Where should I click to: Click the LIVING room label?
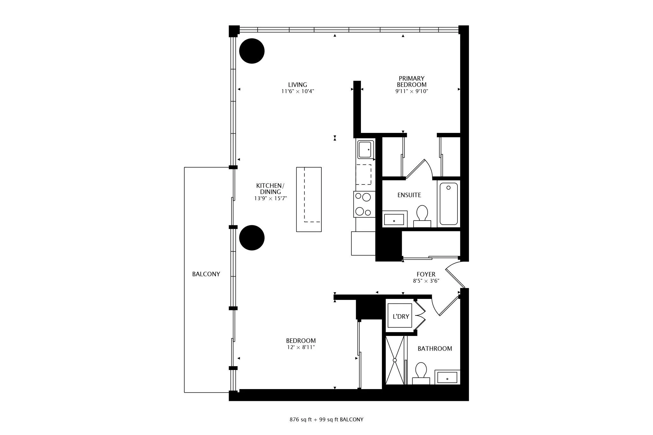pyautogui.click(x=297, y=85)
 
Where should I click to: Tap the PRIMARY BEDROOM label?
pyautogui.click(x=412, y=82)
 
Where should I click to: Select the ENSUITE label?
pyautogui.click(x=409, y=195)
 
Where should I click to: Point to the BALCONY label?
pyautogui.click(x=206, y=274)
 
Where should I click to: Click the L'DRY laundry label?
pyautogui.click(x=401, y=316)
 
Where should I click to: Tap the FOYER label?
pyautogui.click(x=426, y=274)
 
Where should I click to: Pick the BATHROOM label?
pyautogui.click(x=435, y=349)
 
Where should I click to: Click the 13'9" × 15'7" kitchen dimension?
pyautogui.click(x=270, y=198)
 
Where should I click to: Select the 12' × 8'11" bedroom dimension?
pyautogui.click(x=301, y=347)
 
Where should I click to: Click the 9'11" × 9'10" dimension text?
pyautogui.click(x=412, y=91)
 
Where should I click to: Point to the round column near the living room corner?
pyautogui.click(x=252, y=51)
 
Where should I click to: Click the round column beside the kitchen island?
pyautogui.click(x=252, y=238)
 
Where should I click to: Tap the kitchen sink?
pyautogui.click(x=366, y=149)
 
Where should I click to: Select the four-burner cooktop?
pyautogui.click(x=364, y=204)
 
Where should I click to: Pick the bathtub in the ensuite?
pyautogui.click(x=449, y=204)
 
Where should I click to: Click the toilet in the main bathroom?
pyautogui.click(x=421, y=373)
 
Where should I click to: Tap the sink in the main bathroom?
pyautogui.click(x=447, y=377)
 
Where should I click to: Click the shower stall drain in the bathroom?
pyautogui.click(x=395, y=360)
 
